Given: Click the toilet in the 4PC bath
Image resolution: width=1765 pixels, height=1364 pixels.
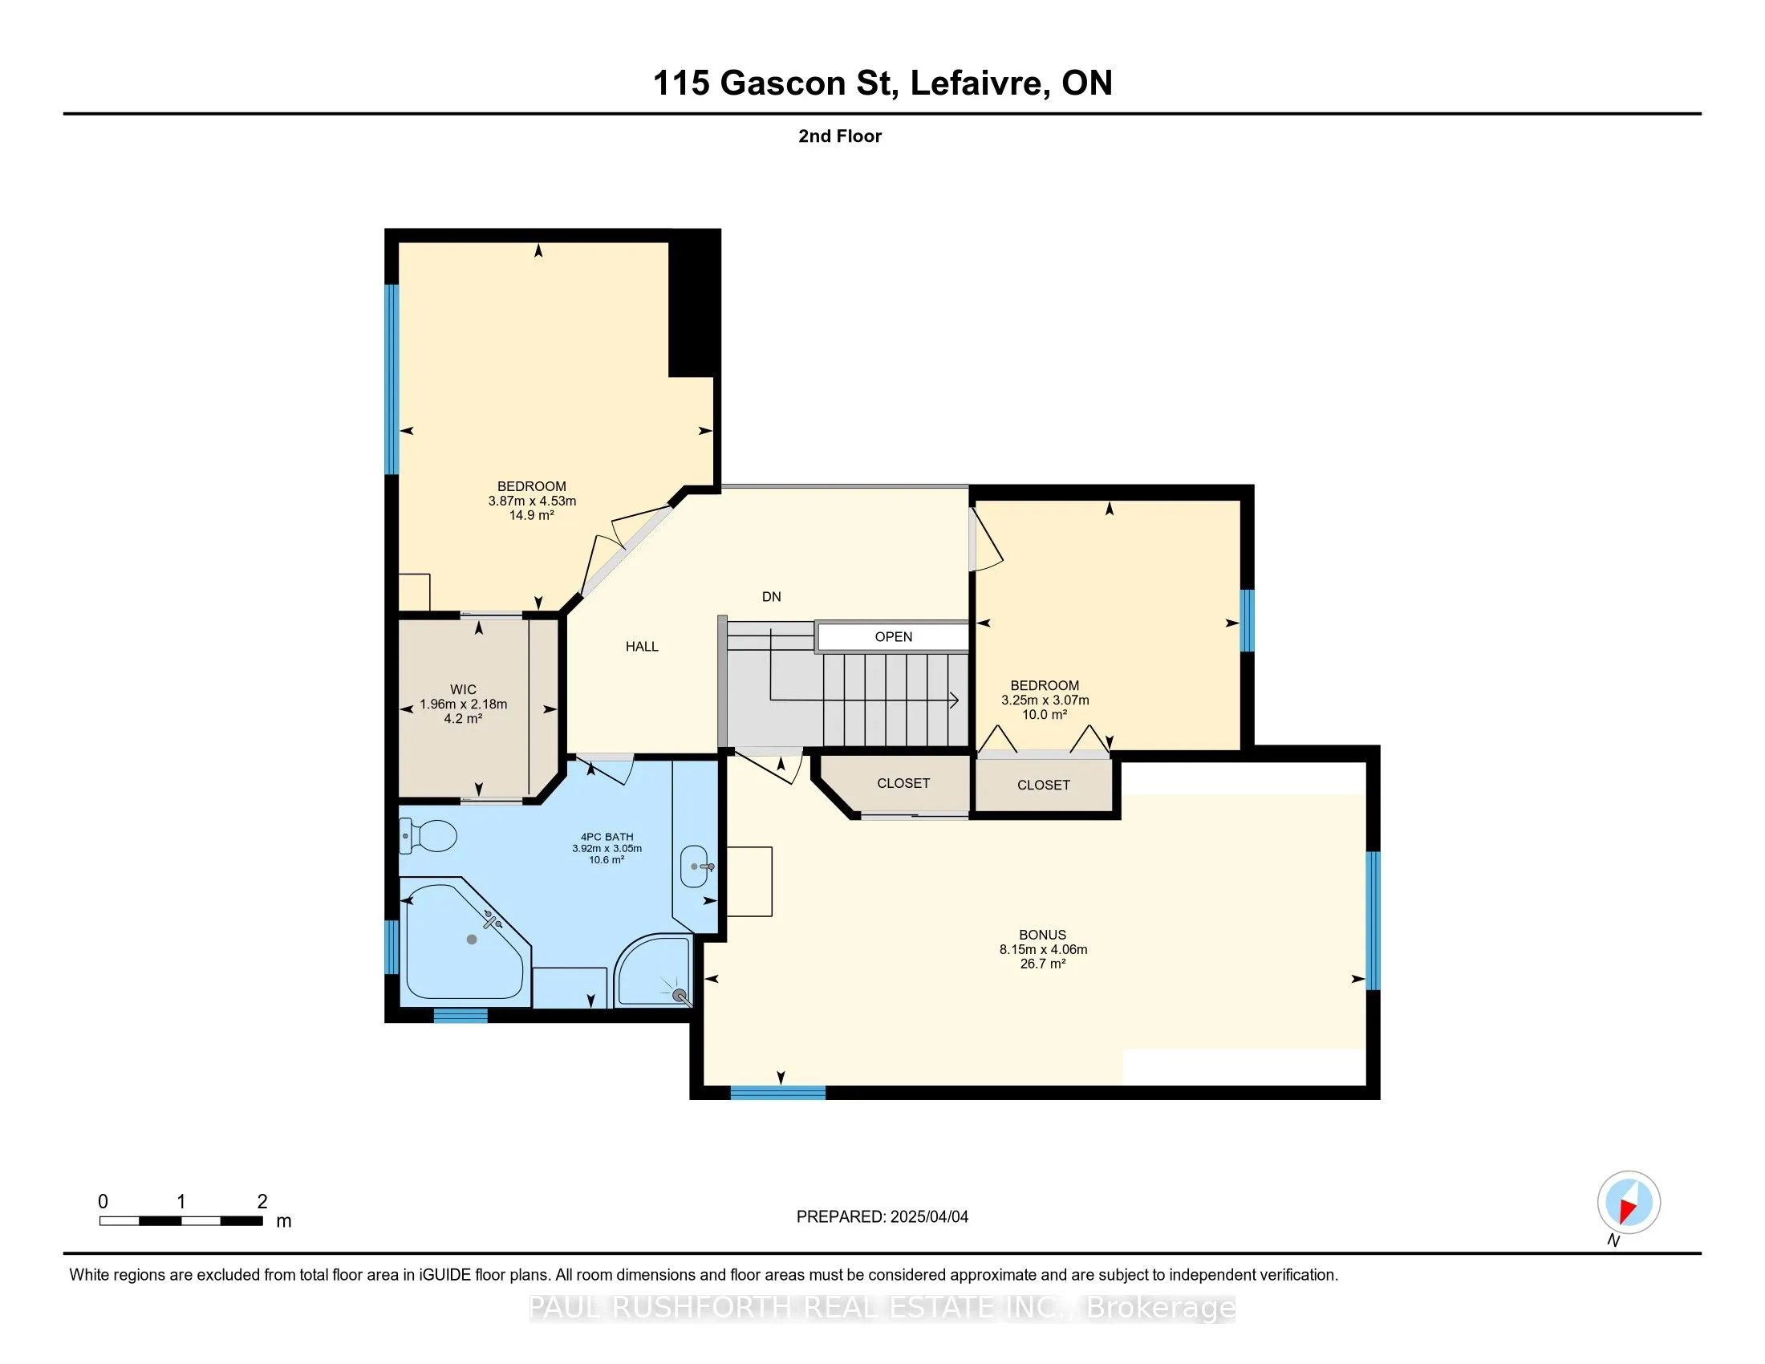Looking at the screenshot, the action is coord(428,835).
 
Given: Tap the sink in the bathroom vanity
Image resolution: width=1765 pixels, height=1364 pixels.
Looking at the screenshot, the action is coord(696,867).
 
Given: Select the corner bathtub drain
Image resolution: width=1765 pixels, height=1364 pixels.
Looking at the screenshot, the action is coord(472,939).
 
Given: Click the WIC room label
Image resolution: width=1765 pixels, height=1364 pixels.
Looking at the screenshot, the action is coord(463,689).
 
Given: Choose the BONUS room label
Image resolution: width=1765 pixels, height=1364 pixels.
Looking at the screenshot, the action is coord(1042,935).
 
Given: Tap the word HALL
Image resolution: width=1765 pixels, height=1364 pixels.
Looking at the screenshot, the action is coord(642,647).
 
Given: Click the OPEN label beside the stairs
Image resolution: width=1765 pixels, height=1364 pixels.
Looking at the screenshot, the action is coord(893,637).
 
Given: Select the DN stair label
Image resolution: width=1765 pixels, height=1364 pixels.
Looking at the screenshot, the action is coord(771,596).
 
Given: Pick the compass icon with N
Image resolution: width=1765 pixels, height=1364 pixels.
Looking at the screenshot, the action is coord(1629,1203).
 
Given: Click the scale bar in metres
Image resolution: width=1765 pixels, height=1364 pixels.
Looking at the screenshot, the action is coord(181,1220).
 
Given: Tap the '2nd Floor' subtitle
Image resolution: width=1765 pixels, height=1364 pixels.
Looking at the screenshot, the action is coord(840,136).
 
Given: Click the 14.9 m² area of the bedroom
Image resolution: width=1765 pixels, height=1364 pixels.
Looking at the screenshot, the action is coord(531,515).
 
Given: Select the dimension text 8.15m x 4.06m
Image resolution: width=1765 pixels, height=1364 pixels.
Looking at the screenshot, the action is coord(1042,949).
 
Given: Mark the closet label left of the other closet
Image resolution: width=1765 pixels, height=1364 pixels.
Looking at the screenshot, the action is coord(903,783).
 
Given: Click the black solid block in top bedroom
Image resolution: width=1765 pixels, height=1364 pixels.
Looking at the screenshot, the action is coord(694,304).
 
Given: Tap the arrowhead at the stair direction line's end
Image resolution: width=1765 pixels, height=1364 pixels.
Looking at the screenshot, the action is coord(955,700).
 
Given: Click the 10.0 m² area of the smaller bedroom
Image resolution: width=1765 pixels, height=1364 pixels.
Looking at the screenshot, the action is coord(1044,714).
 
